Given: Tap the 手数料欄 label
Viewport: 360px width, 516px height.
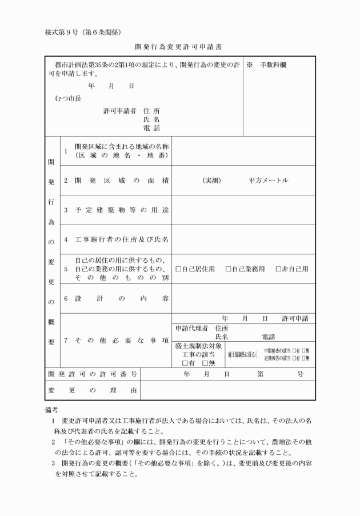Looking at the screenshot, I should click(274, 65).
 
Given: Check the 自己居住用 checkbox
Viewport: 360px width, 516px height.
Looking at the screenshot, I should click(179, 269).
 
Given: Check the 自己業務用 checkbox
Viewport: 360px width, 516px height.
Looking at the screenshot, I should click(229, 269).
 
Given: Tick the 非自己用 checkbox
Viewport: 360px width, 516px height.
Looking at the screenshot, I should click(278, 269).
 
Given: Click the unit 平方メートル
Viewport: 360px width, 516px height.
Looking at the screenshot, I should click(268, 181).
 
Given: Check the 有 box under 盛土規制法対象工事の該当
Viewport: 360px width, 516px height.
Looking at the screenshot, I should click(185, 363).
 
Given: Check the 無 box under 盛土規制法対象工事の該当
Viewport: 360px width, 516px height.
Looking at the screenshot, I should click(205, 363).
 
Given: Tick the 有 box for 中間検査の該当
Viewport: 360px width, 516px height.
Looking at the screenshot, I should click(294, 350).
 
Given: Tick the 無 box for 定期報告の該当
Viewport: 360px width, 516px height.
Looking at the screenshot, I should click(305, 358).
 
